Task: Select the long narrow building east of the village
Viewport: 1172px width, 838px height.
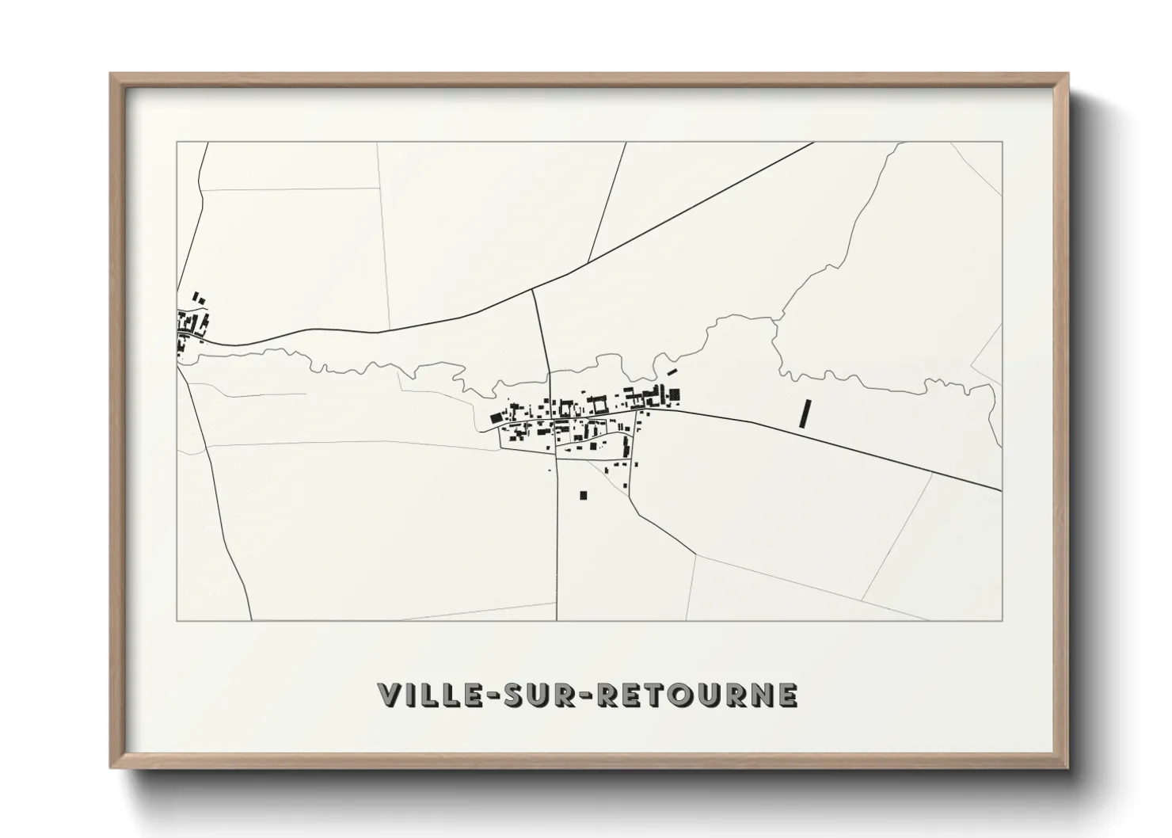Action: coord(807,414)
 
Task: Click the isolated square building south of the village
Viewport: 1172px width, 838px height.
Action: coord(584,496)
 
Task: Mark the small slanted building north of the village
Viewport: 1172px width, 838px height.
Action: coord(672,371)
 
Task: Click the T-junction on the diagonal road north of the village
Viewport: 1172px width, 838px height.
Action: coord(533,289)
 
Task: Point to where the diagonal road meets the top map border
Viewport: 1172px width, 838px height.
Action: coord(814,143)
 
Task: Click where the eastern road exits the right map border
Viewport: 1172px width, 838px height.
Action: coord(1002,490)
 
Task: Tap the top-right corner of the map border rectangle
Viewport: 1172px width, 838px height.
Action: coord(1003,142)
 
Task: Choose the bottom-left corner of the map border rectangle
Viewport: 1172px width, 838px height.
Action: coord(177,621)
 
